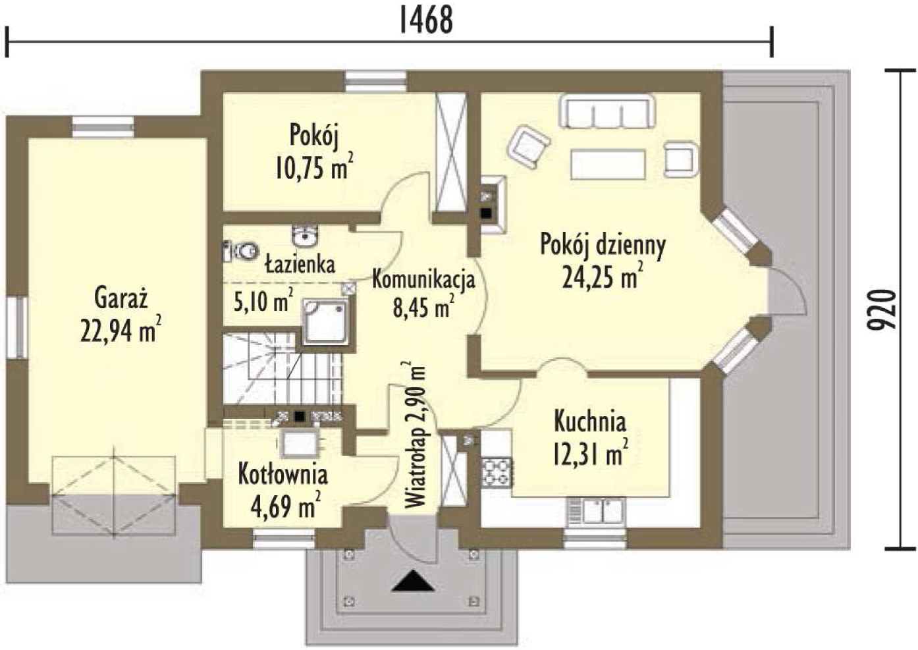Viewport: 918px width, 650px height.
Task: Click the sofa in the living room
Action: click(x=608, y=111)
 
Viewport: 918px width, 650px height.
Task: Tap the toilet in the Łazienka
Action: click(x=240, y=251)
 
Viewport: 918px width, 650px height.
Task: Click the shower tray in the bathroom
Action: click(x=326, y=322)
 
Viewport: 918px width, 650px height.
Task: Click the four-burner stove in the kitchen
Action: click(x=497, y=472)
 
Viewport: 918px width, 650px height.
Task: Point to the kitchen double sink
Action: click(x=597, y=511)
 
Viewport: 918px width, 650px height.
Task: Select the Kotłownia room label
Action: click(x=283, y=475)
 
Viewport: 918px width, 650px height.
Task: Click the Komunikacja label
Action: click(x=423, y=280)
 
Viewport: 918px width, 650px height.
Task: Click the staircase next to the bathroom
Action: click(x=283, y=368)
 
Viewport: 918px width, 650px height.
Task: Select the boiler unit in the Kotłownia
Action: click(x=300, y=443)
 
